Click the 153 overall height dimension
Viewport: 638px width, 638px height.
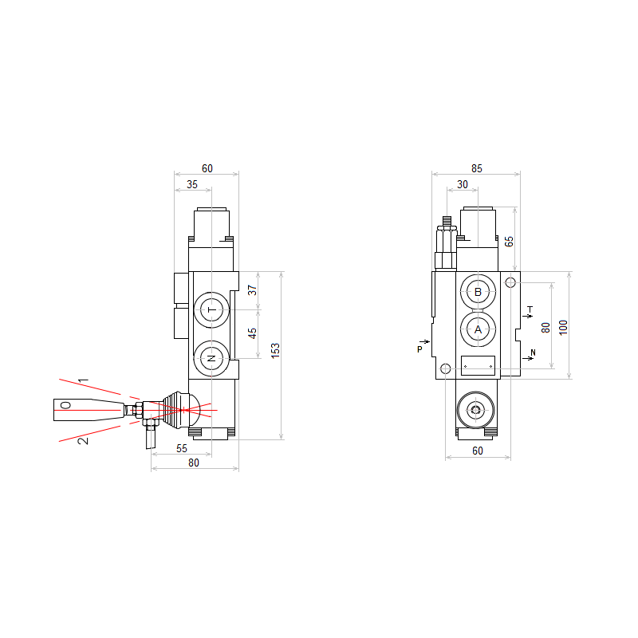(x=275, y=351)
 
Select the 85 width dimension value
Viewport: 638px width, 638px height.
(x=476, y=168)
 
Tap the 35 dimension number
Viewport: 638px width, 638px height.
(x=192, y=184)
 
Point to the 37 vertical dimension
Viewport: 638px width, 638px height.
(x=252, y=290)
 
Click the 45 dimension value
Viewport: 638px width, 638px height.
(x=252, y=333)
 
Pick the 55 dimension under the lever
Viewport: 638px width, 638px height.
(x=182, y=448)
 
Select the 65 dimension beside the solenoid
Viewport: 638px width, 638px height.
(x=509, y=242)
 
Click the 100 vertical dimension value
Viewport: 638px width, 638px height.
(x=563, y=328)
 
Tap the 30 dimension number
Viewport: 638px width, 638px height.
(x=463, y=184)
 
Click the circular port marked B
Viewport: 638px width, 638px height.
(x=478, y=292)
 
